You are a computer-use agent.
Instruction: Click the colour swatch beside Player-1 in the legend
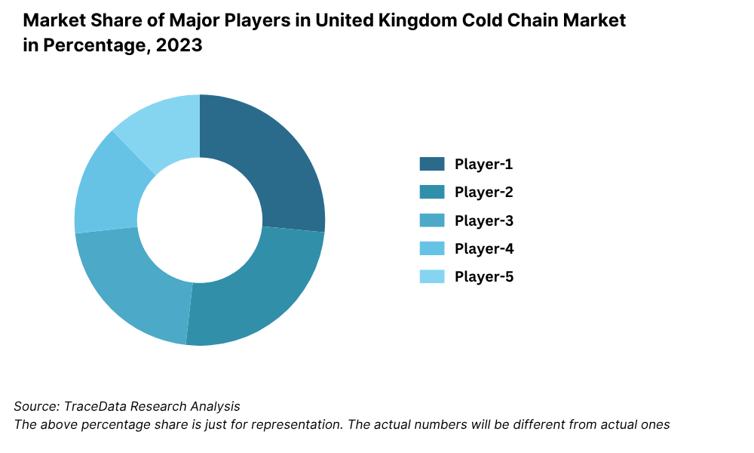tap(432, 164)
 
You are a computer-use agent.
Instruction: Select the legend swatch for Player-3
tap(432, 220)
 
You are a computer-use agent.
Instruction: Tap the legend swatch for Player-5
tap(432, 276)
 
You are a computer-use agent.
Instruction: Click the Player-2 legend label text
tap(483, 192)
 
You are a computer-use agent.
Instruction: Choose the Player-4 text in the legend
tap(483, 248)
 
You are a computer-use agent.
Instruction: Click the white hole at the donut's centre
tap(200, 220)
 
